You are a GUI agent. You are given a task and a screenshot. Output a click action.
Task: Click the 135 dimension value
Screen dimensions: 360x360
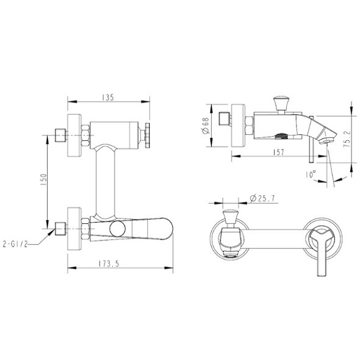coord(108,98)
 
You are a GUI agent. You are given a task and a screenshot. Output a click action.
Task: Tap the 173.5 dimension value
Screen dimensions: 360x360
coord(109,264)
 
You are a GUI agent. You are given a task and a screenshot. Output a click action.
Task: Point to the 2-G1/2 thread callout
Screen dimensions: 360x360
coord(15,244)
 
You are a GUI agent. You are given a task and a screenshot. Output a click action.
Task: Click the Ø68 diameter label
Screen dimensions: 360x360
coord(206,126)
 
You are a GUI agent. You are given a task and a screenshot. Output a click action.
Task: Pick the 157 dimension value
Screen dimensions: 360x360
coord(279,152)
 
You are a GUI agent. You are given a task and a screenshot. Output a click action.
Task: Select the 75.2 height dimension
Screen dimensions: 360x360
coord(348,139)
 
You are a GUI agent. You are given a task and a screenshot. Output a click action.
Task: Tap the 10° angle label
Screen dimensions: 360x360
coord(311,175)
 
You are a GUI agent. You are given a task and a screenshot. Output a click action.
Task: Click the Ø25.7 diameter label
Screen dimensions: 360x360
coord(262,198)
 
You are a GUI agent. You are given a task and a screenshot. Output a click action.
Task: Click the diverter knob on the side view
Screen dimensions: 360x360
coord(281,103)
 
